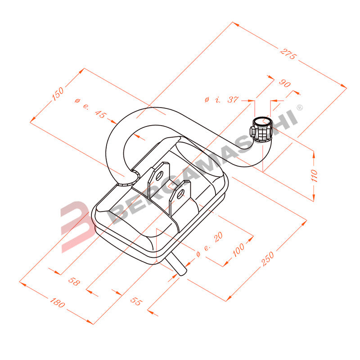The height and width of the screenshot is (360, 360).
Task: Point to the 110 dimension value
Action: click(x=314, y=175)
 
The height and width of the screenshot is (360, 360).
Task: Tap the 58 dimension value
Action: click(x=74, y=282)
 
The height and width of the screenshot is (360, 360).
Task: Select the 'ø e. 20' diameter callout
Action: click(x=210, y=246)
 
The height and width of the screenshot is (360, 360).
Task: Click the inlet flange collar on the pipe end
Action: click(x=261, y=129)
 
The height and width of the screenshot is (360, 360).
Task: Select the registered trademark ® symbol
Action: click(x=300, y=108)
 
